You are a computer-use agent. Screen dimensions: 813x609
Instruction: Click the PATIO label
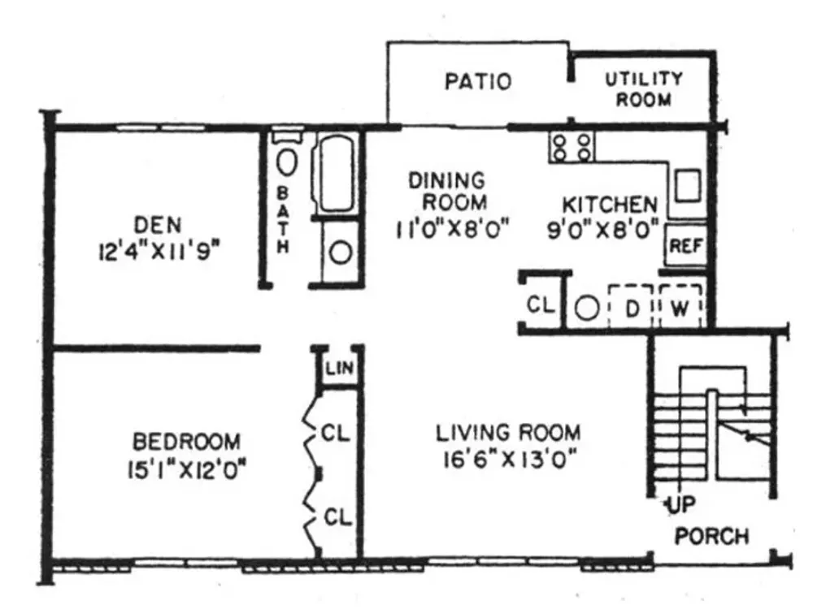pyautogui.click(x=478, y=81)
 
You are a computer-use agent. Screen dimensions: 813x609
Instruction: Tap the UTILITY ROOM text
pyautogui.click(x=644, y=89)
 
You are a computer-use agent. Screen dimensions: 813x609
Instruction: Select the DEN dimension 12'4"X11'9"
pyautogui.click(x=156, y=253)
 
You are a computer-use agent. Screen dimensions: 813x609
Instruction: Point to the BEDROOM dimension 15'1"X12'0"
pyautogui.click(x=186, y=471)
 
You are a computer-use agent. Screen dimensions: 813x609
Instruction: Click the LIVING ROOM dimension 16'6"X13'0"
pyautogui.click(x=511, y=459)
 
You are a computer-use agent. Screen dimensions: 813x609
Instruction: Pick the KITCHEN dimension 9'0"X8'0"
pyautogui.click(x=603, y=229)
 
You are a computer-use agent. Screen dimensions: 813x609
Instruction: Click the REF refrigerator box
pyautogui.click(x=686, y=245)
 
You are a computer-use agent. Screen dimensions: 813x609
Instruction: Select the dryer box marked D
pyautogui.click(x=631, y=307)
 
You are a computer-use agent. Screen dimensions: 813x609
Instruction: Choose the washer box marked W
pyautogui.click(x=680, y=307)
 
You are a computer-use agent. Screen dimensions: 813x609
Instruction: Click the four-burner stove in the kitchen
pyautogui.click(x=572, y=147)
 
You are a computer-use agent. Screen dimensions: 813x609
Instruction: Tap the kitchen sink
pyautogui.click(x=688, y=185)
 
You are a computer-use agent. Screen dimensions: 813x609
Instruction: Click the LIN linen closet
pyautogui.click(x=340, y=368)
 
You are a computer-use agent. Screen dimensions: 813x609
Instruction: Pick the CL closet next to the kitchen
pyautogui.click(x=541, y=304)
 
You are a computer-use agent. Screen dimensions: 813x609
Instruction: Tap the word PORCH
pyautogui.click(x=712, y=536)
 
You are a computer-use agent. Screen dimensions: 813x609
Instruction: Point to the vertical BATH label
pyautogui.click(x=283, y=220)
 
